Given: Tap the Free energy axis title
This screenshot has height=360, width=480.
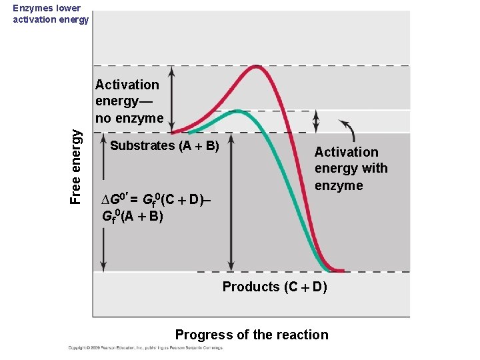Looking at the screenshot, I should [77, 166].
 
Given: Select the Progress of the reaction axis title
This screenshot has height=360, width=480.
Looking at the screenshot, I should [251, 335].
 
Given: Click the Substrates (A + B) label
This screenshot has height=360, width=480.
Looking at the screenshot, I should [165, 145].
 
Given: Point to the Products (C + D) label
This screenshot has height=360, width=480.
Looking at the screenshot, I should [274, 287].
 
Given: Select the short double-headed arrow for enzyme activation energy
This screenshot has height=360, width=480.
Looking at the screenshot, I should [316, 121].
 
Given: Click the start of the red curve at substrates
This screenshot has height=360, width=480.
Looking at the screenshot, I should [175, 132].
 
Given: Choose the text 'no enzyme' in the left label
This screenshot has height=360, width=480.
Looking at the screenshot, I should [129, 118].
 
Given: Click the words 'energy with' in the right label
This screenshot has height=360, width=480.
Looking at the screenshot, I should [351, 169].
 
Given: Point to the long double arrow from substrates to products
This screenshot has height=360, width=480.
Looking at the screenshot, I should [231, 203].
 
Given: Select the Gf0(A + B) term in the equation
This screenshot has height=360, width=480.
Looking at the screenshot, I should [132, 216].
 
